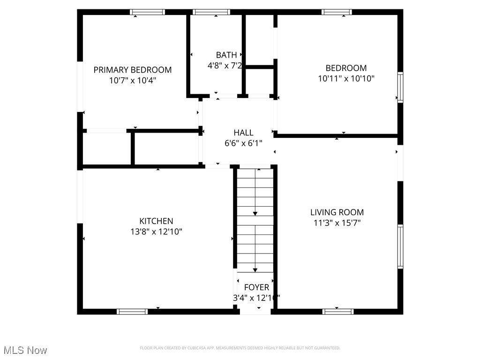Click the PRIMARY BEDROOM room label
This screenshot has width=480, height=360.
[133, 70]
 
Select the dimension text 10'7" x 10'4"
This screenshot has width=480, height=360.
[133, 80]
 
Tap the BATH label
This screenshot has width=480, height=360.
[226, 55]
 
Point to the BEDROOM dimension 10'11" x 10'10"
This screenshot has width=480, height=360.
[346, 79]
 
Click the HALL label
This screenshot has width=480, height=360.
[243, 133]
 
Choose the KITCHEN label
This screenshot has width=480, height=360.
[156, 221]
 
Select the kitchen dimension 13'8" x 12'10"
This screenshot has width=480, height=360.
[156, 232]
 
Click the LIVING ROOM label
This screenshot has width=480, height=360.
[337, 212]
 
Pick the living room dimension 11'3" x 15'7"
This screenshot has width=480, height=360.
[337, 223]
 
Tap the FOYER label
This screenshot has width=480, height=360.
[256, 287]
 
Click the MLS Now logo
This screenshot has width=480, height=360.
[25, 350]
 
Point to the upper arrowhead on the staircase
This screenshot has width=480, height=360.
[255, 213]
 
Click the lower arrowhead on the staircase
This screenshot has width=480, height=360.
[255, 270]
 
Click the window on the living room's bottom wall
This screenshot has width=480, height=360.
[337, 311]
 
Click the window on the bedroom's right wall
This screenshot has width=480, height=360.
[400, 87]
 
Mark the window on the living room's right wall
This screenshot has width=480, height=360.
[400, 247]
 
